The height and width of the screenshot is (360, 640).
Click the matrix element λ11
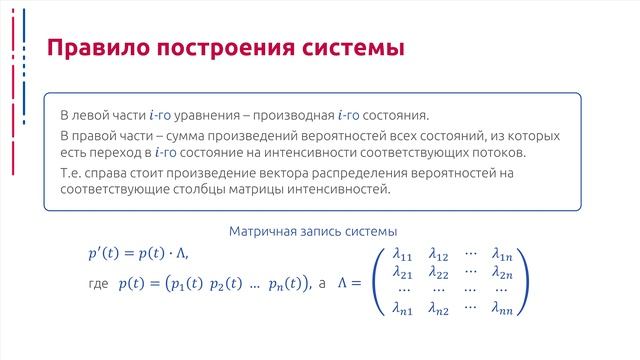tap(404, 254)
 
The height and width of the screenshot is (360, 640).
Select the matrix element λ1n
tap(502, 254)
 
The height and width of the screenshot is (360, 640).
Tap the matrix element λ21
tap(404, 273)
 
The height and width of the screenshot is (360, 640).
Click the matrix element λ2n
tap(502, 273)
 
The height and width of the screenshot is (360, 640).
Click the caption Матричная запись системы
tap(313, 231)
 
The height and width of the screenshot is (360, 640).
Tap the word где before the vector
tap(98, 285)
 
